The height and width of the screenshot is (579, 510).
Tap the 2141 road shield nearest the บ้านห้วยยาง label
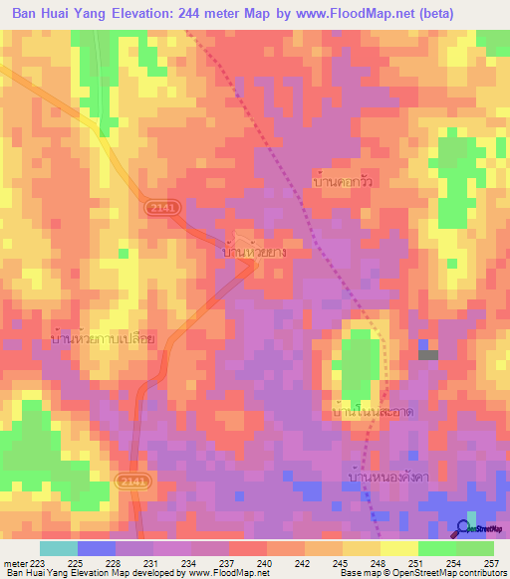tap(159, 207)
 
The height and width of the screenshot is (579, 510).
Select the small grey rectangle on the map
tap(428, 354)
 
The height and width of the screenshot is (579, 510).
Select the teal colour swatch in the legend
tap(58, 548)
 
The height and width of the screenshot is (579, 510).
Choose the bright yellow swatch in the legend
tap(398, 548)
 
